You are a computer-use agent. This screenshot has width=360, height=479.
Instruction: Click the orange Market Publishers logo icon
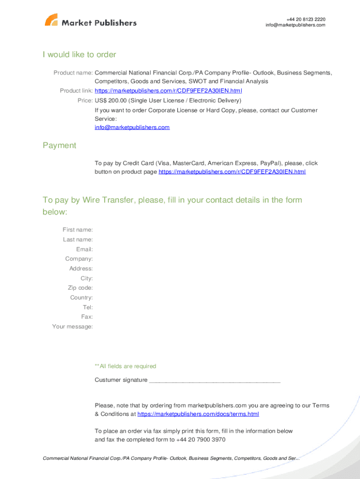[x=51, y=20]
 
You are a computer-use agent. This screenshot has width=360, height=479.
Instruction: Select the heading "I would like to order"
[x=79, y=55]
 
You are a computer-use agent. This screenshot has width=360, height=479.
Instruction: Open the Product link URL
[x=168, y=91]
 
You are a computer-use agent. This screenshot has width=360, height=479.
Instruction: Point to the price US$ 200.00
[x=111, y=101]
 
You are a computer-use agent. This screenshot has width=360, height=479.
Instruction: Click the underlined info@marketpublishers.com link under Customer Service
[x=132, y=127]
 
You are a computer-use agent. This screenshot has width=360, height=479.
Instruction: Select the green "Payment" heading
[x=59, y=145]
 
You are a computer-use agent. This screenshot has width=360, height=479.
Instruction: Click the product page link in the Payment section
[x=232, y=172]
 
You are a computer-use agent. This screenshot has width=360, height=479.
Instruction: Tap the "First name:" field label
[x=78, y=230]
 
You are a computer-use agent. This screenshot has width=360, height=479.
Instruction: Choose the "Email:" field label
[x=85, y=249]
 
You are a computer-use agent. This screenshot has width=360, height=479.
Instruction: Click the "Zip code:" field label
[x=80, y=288]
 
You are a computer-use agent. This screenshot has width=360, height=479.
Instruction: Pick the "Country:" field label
[x=81, y=298]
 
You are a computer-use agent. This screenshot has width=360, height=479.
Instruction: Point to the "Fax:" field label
[x=87, y=317]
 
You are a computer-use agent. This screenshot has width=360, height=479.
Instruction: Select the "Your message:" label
[x=72, y=327]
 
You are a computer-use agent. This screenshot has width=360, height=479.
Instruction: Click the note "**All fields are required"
[x=125, y=366]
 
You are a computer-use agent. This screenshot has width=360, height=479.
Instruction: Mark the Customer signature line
[x=214, y=381]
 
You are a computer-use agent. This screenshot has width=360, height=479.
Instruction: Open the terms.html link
[x=198, y=414]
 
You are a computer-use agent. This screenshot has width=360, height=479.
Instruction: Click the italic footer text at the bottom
[x=171, y=458]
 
